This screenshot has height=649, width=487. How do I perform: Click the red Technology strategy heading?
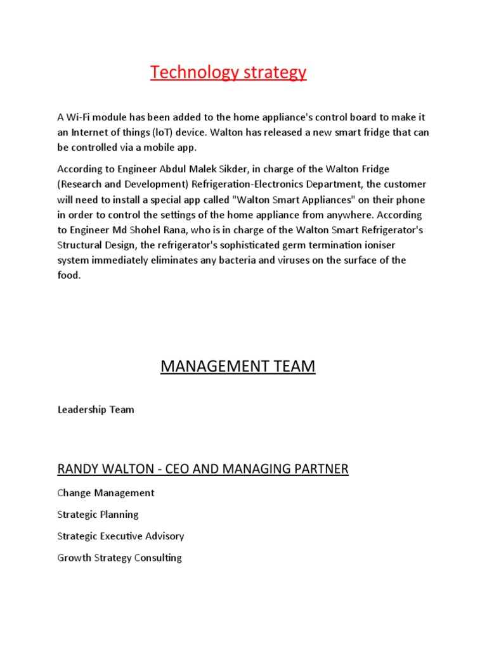point(228,73)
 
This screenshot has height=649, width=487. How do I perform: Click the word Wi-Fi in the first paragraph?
point(79,117)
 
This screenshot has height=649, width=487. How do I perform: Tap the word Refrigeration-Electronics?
point(261,184)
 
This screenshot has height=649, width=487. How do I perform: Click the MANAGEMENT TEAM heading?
point(238,366)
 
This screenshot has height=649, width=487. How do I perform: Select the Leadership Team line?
point(96,409)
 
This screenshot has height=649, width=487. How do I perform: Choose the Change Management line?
point(105,493)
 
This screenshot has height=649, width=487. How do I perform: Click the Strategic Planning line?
point(98,515)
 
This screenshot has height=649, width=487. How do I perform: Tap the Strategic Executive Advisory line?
point(120,536)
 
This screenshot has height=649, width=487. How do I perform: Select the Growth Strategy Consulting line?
point(119,558)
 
